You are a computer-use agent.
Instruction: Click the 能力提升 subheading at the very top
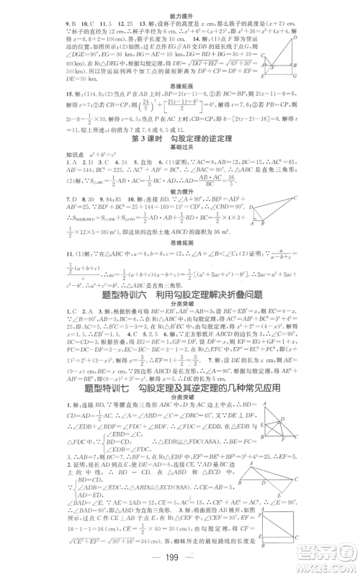(179, 5)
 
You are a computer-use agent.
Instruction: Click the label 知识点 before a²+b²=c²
(24, 158)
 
